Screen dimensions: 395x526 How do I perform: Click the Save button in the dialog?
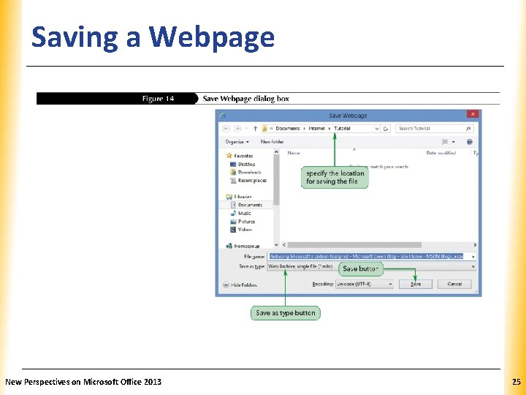coord(415,284)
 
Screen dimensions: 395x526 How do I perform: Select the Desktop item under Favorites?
coord(246,165)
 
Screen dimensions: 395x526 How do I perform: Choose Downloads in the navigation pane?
coord(249,173)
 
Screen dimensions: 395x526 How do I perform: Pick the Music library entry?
coord(244,213)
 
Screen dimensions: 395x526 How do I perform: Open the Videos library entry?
coord(245,229)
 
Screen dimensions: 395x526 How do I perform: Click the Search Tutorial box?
coord(431,128)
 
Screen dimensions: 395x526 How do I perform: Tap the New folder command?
coord(272,141)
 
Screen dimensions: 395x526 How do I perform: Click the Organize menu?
coord(237,141)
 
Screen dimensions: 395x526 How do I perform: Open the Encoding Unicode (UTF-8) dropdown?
coord(364,284)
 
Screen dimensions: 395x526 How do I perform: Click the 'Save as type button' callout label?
coord(285,313)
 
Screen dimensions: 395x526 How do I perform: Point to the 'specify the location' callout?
coord(335,177)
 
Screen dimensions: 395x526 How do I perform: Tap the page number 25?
coord(517,382)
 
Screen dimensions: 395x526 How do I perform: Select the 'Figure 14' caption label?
coord(158,99)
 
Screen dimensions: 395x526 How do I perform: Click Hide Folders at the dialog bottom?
coord(243,285)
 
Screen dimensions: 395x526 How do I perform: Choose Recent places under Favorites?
coord(252,181)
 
